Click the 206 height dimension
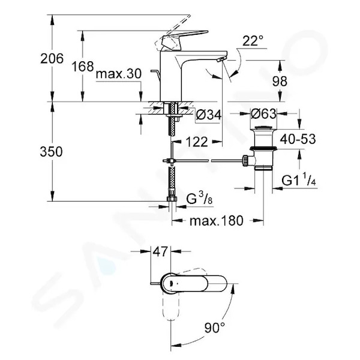click(52, 59)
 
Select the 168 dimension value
click(83, 67)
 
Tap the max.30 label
click(119, 74)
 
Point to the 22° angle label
click(253, 41)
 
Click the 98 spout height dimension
click(280, 81)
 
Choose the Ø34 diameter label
click(209, 115)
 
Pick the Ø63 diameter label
click(263, 113)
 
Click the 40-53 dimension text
click(298, 139)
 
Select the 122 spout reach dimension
click(197, 142)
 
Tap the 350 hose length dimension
click(51, 152)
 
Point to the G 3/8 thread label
click(199, 199)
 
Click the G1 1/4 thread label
click(299, 180)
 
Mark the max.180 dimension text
click(217, 221)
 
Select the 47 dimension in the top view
click(160, 251)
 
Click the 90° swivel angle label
click(215, 328)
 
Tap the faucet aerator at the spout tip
click(221, 59)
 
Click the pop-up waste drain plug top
click(263, 128)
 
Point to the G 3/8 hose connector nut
click(172, 199)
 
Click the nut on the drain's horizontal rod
click(245, 161)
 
